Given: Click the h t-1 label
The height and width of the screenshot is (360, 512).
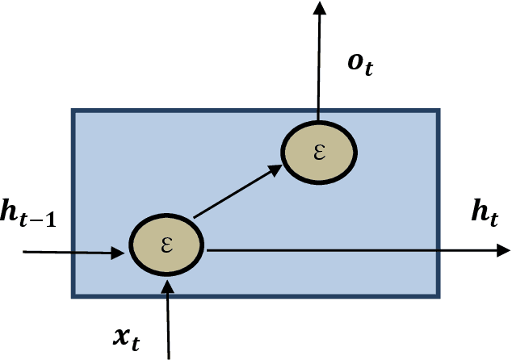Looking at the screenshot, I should (x=28, y=218).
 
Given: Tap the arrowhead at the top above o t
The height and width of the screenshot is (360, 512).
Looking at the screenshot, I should (x=319, y=8).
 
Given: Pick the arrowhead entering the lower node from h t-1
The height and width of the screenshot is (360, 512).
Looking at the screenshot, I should (x=119, y=253).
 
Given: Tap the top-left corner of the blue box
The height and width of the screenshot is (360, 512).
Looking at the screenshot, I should (x=73, y=111).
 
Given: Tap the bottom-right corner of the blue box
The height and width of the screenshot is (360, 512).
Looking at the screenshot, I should (x=439, y=296).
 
